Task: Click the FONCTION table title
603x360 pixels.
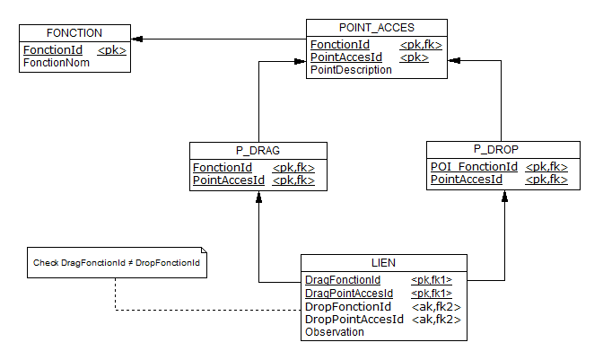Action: click(74, 32)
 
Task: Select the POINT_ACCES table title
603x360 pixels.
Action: click(377, 28)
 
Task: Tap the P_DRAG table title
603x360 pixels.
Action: click(258, 150)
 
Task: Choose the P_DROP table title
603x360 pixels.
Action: click(496, 149)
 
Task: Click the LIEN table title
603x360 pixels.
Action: click(384, 262)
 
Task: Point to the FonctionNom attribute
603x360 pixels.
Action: click(50, 63)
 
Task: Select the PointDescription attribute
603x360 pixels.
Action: click(351, 69)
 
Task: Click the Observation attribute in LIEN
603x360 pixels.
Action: click(335, 331)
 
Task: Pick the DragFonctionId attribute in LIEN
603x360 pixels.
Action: click(343, 280)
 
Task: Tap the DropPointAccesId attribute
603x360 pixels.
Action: click(354, 319)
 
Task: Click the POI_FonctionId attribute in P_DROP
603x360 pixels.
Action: click(474, 167)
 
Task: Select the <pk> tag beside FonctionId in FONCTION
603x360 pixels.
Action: click(111, 50)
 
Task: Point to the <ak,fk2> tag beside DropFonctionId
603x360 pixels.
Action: click(436, 306)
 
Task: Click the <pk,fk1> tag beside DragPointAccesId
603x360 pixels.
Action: click(432, 294)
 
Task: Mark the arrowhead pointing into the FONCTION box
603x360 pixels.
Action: click(137, 39)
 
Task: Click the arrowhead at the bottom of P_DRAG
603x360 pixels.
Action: click(258, 198)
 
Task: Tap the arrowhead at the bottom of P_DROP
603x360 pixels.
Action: click(504, 198)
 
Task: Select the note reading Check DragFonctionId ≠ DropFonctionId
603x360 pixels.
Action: click(116, 263)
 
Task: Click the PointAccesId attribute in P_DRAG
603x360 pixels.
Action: click(229, 180)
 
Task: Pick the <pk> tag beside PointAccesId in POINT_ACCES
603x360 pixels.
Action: click(414, 57)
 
